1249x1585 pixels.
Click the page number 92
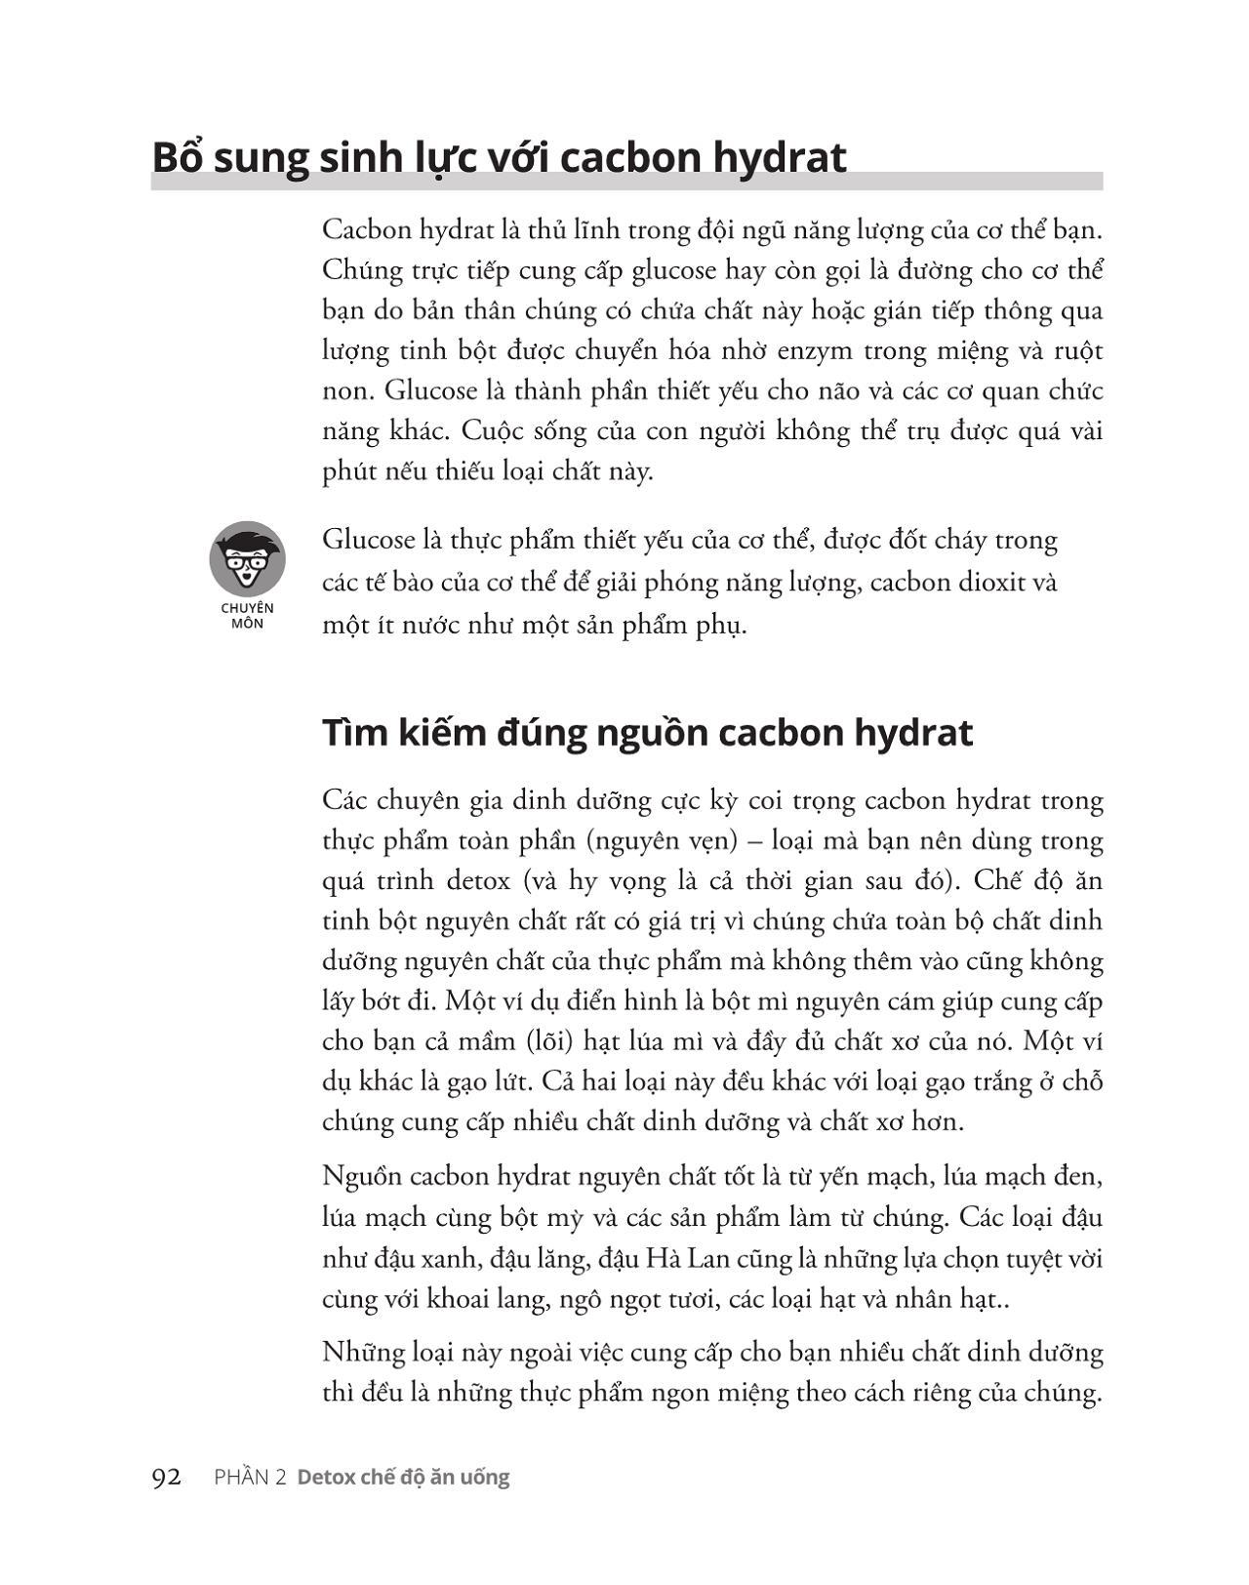click(x=167, y=1477)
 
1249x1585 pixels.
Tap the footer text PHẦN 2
click(x=250, y=1477)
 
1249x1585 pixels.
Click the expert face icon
click(x=247, y=558)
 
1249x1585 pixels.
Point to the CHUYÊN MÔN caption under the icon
click(x=247, y=615)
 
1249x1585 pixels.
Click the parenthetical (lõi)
click(x=548, y=1040)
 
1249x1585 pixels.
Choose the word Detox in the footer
click(x=327, y=1477)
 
